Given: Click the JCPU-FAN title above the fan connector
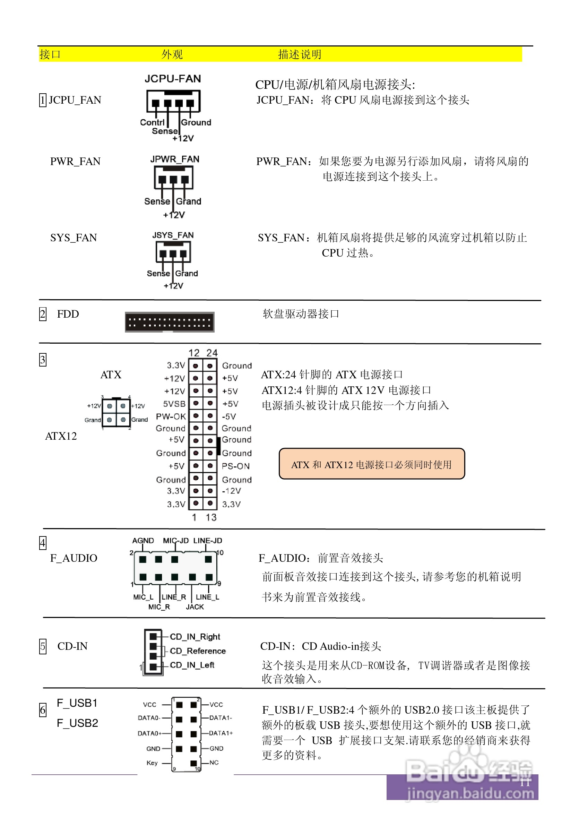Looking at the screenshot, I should (173, 79).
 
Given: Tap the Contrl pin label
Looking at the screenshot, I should (152, 122).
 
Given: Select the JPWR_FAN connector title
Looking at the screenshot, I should (175, 159).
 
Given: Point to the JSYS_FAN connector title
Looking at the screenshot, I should (173, 235).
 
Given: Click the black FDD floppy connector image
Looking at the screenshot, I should (170, 322).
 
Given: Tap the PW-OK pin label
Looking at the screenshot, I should (171, 416).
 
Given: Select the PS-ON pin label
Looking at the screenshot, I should (236, 466).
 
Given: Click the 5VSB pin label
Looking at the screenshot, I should (174, 404).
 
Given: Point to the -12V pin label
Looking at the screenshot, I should (231, 491).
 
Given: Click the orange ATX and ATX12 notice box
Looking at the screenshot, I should (372, 464).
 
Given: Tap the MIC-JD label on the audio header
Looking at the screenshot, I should (176, 541).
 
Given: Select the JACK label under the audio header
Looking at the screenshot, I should (195, 607).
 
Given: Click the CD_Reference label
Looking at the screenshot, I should (198, 651).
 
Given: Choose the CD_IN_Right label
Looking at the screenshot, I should (195, 637).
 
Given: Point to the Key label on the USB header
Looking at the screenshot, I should (152, 763).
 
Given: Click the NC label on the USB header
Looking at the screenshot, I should (214, 763).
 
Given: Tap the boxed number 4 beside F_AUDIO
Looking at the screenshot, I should (43, 543).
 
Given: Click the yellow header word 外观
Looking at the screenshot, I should (172, 54).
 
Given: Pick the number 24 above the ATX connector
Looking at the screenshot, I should (212, 353).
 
